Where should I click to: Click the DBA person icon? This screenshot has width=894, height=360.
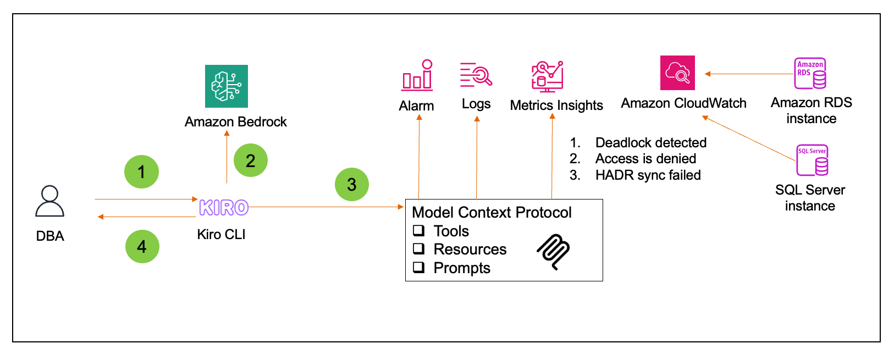[x=49, y=202]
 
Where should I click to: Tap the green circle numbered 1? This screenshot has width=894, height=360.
[x=141, y=172]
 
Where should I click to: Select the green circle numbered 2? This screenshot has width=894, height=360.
[x=250, y=160]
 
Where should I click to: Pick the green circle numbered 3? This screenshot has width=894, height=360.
[x=351, y=185]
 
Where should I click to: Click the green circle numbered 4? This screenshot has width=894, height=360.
[x=142, y=246]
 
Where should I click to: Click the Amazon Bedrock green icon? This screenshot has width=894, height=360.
[x=227, y=86]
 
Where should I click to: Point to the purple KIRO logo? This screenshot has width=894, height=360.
[x=224, y=208]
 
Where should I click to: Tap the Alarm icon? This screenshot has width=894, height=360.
[x=417, y=75]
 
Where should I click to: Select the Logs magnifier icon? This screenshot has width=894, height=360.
[x=476, y=75]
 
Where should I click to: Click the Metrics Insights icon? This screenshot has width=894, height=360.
[x=547, y=76]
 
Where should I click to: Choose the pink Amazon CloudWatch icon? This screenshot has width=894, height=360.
[x=677, y=73]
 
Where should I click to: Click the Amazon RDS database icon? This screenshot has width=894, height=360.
[x=810, y=74]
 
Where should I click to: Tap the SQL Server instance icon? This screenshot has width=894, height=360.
[x=812, y=160]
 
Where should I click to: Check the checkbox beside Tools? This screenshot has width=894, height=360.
[x=419, y=230]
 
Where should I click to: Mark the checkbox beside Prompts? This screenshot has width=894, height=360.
[x=419, y=267]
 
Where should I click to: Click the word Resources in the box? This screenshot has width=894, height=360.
[x=470, y=249]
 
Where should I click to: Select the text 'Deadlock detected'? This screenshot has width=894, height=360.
[x=650, y=143]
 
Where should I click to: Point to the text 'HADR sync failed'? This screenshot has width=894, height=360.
[x=648, y=175]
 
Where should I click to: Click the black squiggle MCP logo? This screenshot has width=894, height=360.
[x=554, y=252]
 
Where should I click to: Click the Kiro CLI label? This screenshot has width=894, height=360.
[x=221, y=235]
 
